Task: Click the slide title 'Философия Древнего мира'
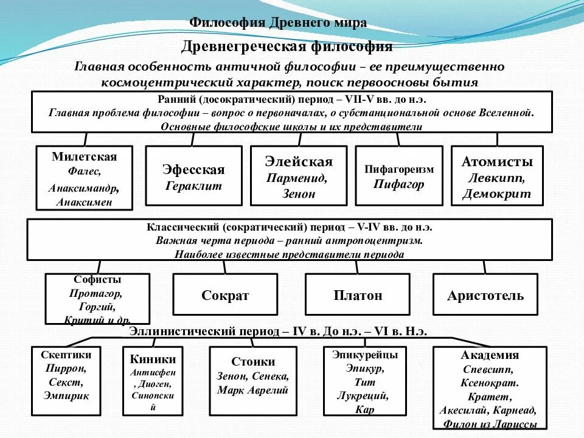click(278, 23)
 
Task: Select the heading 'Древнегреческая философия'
click(287, 47)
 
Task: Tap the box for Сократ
click(225, 296)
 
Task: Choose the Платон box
click(358, 296)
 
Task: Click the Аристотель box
click(485, 296)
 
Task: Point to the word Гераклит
click(193, 186)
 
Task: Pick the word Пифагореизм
click(399, 169)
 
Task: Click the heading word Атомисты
click(497, 162)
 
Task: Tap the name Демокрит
click(496, 195)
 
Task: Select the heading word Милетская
click(84, 156)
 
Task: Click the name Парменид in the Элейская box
click(296, 178)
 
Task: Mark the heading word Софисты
click(97, 280)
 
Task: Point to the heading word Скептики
click(66, 355)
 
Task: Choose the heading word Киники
click(153, 359)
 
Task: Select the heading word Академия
click(490, 356)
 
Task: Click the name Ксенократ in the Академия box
click(490, 383)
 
